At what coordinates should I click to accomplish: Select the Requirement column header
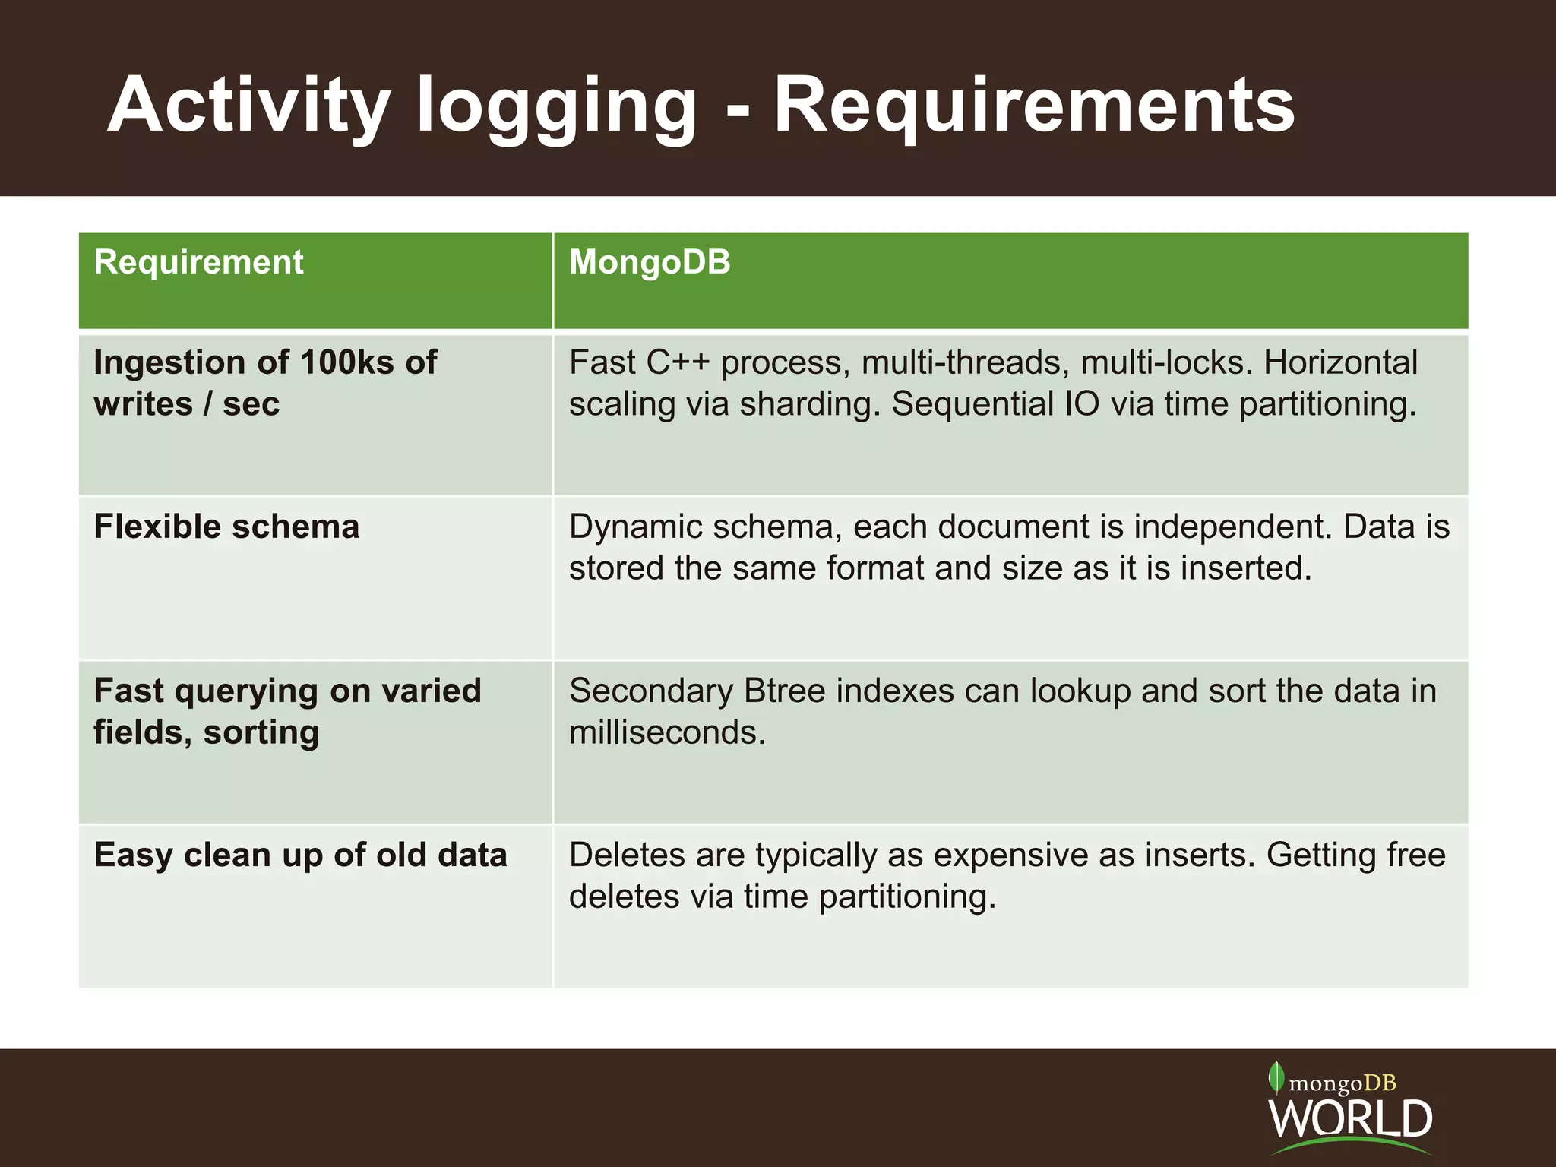pyautogui.click(x=198, y=262)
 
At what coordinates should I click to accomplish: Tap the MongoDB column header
pyautogui.click(x=650, y=262)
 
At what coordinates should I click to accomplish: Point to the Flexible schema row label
pyautogui.click(x=226, y=527)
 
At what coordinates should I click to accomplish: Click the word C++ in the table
pyautogui.click(x=678, y=362)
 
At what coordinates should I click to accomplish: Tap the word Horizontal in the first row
pyautogui.click(x=1340, y=362)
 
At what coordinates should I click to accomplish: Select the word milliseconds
pyautogui.click(x=667, y=732)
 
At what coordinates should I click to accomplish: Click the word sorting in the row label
pyautogui.click(x=261, y=732)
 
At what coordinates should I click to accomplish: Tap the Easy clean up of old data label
pyautogui.click(x=300, y=855)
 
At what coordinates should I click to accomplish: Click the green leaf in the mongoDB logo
pyautogui.click(x=1276, y=1077)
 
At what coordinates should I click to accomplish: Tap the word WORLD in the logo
pyautogui.click(x=1350, y=1118)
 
